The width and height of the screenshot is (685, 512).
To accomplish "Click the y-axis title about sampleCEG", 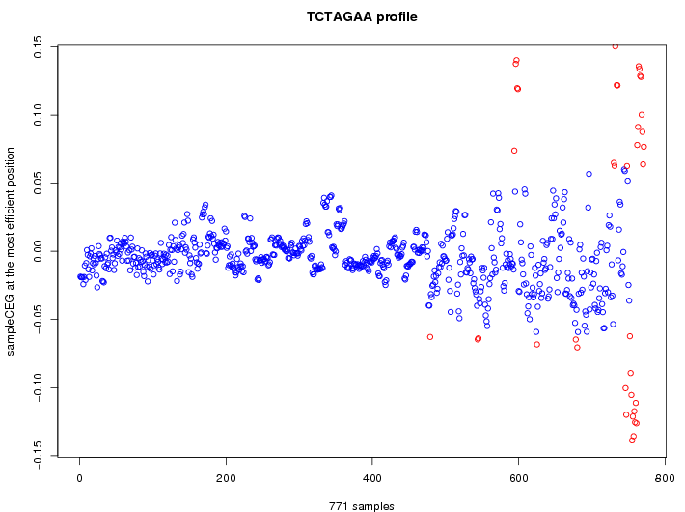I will coord(12,251).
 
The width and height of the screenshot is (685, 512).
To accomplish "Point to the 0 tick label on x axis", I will coord(79,477).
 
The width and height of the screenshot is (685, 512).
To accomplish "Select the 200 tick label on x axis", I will coord(226,477).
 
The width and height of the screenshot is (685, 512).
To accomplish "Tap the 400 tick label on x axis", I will coord(372,477).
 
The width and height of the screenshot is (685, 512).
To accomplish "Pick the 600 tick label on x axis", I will coord(518,477).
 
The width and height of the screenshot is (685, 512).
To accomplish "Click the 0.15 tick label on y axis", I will coord(38,46).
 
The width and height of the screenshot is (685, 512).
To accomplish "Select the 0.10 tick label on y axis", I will coord(38,115).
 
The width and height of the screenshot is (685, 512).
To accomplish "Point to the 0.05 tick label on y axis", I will coord(38,183).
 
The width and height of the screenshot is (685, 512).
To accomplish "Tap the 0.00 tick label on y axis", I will coord(38,251).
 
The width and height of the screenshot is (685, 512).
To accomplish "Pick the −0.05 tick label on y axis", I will coord(38,320).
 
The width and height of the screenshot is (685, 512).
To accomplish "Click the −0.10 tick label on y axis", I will coord(38,387).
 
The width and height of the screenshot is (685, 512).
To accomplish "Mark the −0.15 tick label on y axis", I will coord(38,456).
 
